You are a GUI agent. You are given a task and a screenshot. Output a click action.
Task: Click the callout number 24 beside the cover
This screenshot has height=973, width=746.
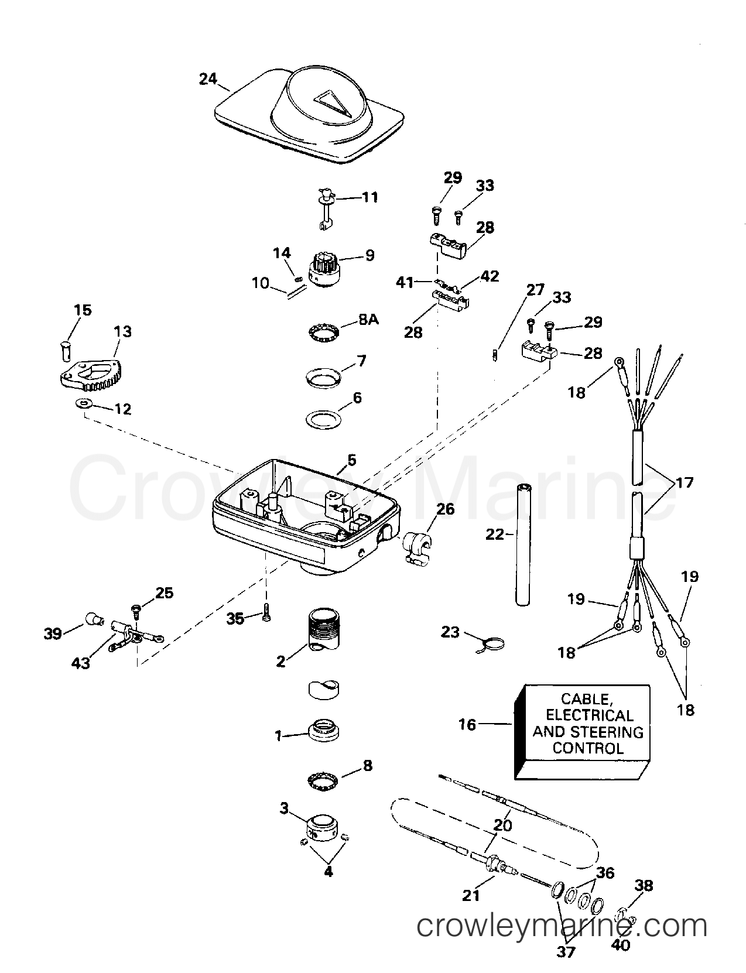tap(208, 78)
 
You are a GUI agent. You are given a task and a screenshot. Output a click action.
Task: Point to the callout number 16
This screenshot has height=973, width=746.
tap(467, 725)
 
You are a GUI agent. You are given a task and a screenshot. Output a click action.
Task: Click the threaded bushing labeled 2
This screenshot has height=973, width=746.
tap(323, 632)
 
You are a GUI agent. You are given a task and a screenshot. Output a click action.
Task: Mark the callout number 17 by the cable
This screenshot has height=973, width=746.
tap(684, 482)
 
